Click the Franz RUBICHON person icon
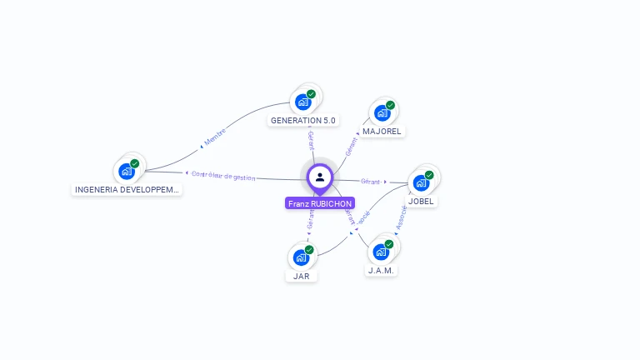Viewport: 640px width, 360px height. [320, 177]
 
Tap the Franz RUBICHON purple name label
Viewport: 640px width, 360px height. [320, 203]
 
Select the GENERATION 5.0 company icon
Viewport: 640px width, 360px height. [303, 102]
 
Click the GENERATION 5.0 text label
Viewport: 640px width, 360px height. [303, 120]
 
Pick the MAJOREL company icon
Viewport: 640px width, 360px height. [382, 112]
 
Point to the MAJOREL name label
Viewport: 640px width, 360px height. [382, 131]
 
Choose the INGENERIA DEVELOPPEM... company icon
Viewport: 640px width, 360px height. [127, 171]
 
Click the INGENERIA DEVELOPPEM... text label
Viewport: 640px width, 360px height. [127, 189]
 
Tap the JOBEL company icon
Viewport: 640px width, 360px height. [422, 182]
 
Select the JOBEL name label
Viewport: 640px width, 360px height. [422, 201]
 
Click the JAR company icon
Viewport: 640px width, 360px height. [302, 257]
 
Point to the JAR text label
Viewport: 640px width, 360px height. [302, 276]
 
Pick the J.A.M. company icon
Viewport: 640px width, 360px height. [382, 252]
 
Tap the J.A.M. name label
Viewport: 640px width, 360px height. [382, 270]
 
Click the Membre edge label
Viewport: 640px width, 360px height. [215, 137]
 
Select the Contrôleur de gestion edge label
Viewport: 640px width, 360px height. [223, 175]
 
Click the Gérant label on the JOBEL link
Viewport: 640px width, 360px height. [371, 181]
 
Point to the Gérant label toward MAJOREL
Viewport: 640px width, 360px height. [351, 147]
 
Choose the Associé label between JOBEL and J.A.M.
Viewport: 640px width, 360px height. [402, 217]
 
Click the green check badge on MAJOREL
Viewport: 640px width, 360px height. [390, 106]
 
